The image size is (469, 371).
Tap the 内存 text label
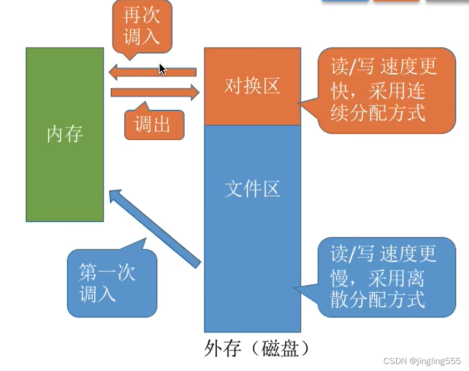(x=65, y=134)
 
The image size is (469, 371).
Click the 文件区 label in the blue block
(x=252, y=189)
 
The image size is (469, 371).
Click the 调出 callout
(x=153, y=125)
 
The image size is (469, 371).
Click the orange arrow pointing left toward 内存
(x=152, y=72)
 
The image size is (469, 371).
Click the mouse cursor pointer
(x=162, y=69)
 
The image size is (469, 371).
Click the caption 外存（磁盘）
(x=258, y=349)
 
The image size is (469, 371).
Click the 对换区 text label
(x=252, y=86)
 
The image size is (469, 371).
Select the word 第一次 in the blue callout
(x=107, y=272)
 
